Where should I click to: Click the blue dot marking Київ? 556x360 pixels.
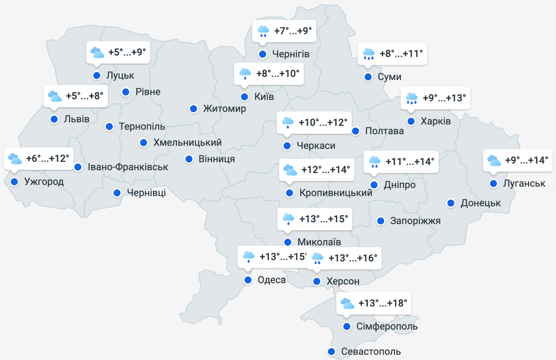245,97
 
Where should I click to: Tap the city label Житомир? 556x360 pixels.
224,109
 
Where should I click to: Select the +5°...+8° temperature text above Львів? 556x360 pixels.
84,96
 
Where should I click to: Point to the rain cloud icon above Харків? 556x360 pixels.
412,98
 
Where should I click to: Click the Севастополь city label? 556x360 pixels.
371,352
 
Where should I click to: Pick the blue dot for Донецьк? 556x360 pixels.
451,203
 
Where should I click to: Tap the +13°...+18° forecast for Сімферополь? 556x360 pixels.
383,303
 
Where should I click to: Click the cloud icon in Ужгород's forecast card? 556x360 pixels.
15,159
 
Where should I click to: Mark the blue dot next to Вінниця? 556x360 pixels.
189,159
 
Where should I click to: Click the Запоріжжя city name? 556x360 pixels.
415,221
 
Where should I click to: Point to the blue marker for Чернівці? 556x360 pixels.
117,193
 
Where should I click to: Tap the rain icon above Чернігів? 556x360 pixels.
263,31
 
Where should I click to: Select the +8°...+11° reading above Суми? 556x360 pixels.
401,54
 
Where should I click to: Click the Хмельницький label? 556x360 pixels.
187,142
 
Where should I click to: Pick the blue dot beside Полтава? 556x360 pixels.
356,131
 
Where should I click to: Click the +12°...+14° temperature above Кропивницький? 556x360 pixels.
326,170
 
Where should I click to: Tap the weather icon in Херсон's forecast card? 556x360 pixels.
317,258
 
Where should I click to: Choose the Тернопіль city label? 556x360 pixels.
142,127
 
